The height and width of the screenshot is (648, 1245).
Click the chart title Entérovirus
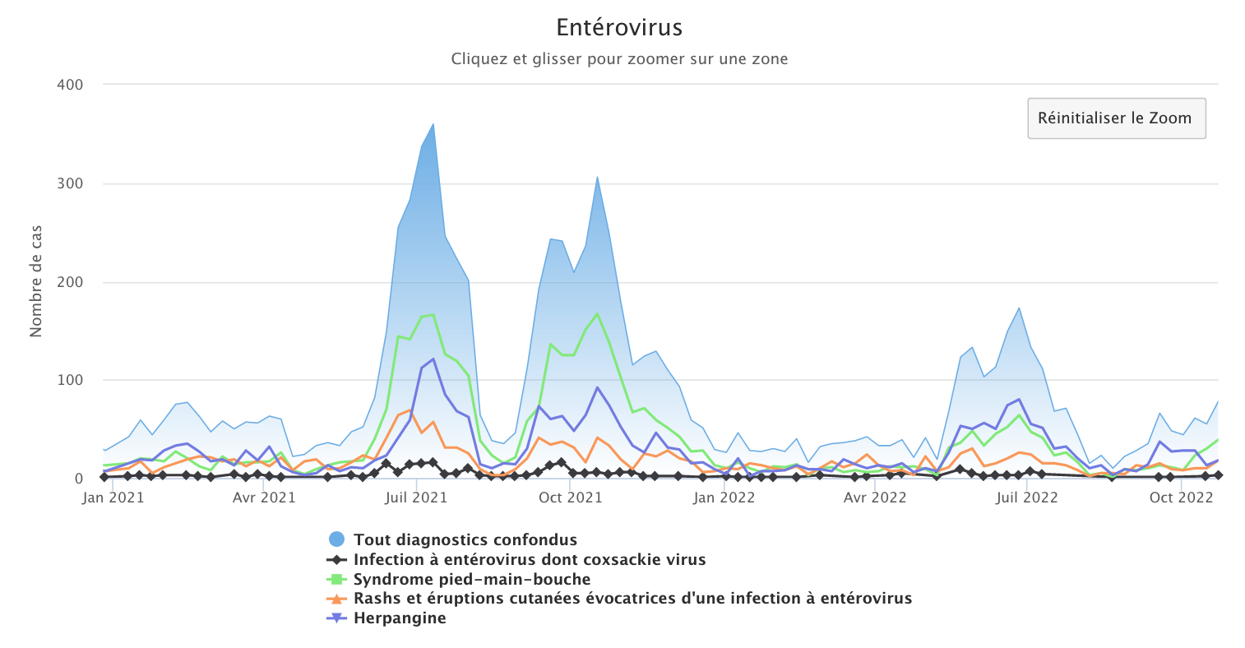coord(619,28)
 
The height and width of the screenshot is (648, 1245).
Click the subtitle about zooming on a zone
coord(619,59)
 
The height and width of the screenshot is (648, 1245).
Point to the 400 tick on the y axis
coord(70,85)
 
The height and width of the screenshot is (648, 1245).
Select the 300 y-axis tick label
coord(70,183)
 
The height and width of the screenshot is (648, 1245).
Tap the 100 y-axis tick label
coord(70,380)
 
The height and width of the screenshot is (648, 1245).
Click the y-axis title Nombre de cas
coord(36,281)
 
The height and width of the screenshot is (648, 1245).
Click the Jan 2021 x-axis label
coord(113,498)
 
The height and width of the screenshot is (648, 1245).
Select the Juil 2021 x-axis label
coord(416,498)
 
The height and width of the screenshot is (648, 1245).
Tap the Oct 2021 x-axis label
coord(571,498)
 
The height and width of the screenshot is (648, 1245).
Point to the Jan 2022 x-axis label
coord(724,498)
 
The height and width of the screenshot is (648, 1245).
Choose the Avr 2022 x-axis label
coord(876,498)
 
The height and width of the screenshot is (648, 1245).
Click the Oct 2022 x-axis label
coord(1181,498)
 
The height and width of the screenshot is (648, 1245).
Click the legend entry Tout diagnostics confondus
coord(465,540)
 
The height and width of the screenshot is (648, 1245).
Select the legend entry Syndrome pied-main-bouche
coord(471,580)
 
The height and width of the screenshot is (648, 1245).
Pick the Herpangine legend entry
coord(399,618)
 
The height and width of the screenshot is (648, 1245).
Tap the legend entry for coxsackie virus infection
coord(529,560)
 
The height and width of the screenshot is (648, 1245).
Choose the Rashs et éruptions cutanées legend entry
coord(632,599)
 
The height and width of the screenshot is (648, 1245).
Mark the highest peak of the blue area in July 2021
coord(433,124)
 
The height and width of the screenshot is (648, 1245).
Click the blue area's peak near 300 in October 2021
coord(597,177)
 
